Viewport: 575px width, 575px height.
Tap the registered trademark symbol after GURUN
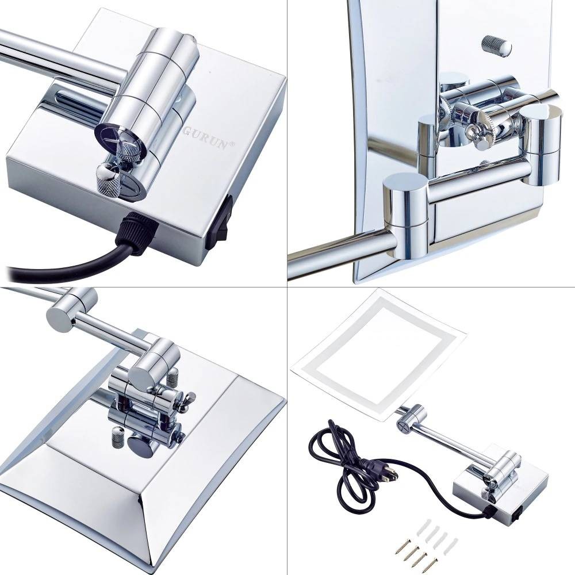coord(231,144)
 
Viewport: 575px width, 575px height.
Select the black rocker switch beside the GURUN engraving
coord(219,222)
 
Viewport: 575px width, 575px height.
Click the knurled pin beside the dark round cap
coord(116,438)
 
